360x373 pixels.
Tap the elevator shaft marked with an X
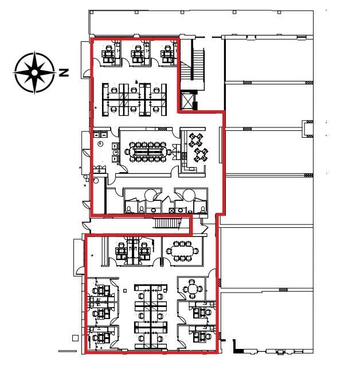187,101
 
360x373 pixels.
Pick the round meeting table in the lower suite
194,289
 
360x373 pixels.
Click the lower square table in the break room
201,154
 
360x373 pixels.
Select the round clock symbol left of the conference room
101,143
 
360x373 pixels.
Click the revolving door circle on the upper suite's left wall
96,180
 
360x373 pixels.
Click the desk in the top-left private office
107,55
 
